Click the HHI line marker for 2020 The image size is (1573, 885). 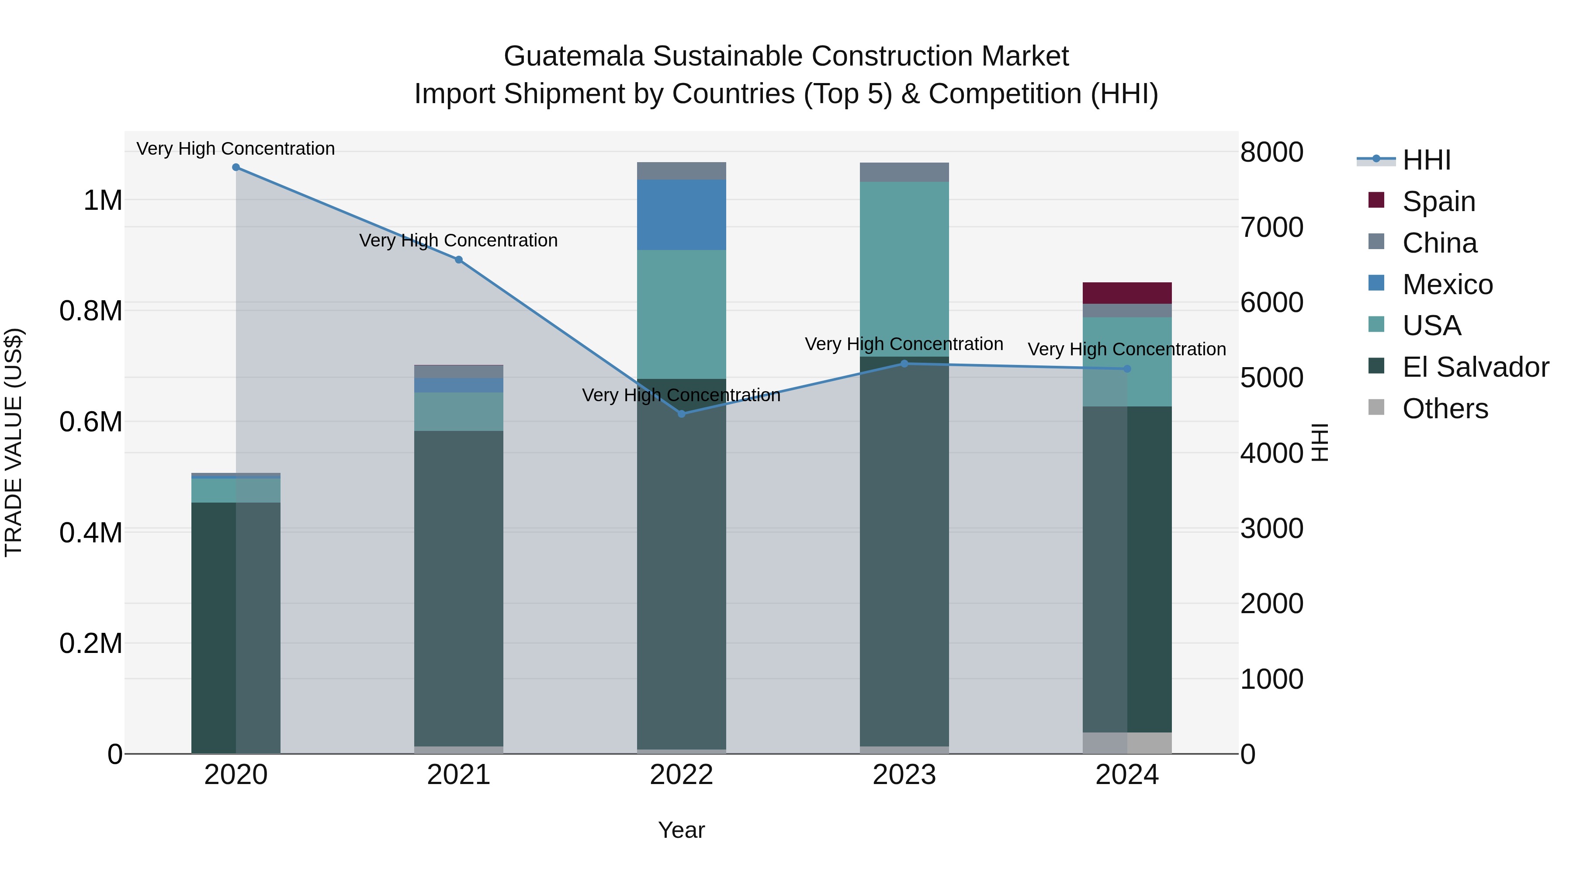(236, 167)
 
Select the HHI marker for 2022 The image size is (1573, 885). (682, 414)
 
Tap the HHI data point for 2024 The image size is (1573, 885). (1127, 369)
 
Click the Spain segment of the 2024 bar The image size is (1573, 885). (1127, 293)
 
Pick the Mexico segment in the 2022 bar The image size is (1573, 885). (682, 215)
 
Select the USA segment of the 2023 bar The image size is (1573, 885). (904, 269)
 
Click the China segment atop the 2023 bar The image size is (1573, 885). (904, 172)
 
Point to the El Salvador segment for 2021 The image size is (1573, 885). (459, 587)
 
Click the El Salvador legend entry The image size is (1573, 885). (1475, 367)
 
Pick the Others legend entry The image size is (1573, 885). (1445, 409)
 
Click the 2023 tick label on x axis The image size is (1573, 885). (904, 775)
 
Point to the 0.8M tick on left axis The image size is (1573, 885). (91, 311)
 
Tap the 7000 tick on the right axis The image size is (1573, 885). (1272, 227)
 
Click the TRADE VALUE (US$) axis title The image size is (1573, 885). (14, 442)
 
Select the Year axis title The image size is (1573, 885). (682, 830)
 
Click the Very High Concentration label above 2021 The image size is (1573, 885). (459, 241)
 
